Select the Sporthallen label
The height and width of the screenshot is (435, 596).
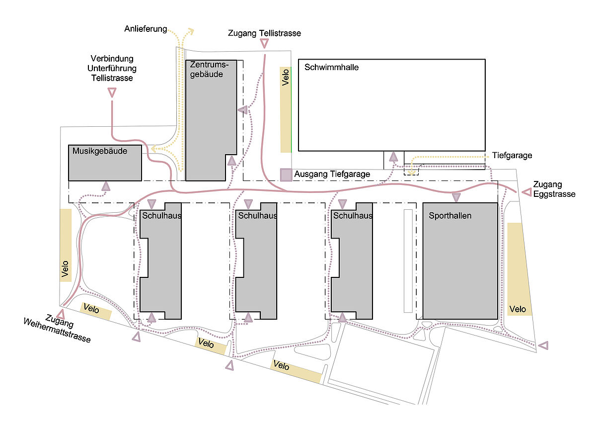click(x=451, y=216)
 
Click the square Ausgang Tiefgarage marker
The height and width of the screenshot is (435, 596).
click(x=286, y=174)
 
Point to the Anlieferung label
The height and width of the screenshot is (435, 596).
click(x=146, y=29)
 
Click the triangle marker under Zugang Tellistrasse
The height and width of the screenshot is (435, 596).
click(x=264, y=44)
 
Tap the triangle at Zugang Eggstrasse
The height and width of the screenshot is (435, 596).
click(x=526, y=191)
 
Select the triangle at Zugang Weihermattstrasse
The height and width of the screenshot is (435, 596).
click(x=61, y=315)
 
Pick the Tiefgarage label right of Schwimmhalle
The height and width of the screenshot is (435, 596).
click(x=512, y=156)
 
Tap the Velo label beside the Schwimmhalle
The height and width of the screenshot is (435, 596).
click(x=285, y=78)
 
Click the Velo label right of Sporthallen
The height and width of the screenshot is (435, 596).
click(x=518, y=309)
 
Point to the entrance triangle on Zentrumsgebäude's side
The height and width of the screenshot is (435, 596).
click(x=242, y=110)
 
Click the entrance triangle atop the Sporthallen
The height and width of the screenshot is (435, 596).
click(x=456, y=197)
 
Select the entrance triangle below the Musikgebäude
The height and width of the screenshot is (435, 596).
click(x=105, y=186)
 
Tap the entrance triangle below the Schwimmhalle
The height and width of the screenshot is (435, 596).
click(x=393, y=157)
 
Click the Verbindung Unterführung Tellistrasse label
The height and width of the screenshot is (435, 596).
click(x=112, y=68)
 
